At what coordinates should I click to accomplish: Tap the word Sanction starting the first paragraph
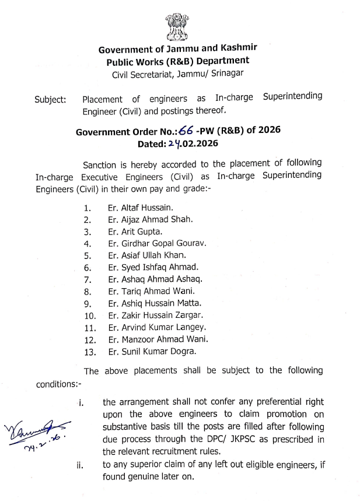click(101, 165)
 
